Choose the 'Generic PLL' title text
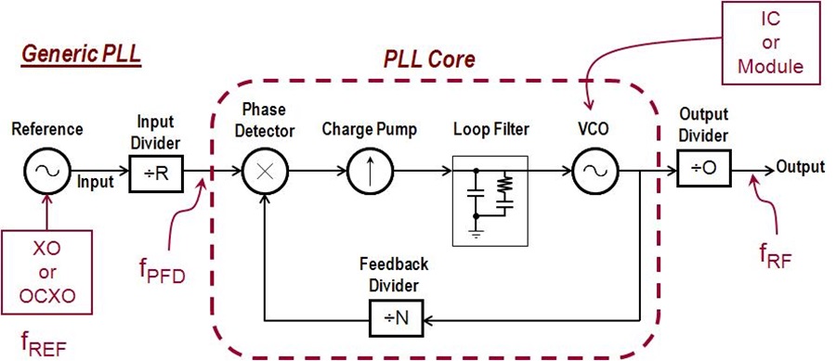pos(81,58)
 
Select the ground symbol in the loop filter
pos(476,235)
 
